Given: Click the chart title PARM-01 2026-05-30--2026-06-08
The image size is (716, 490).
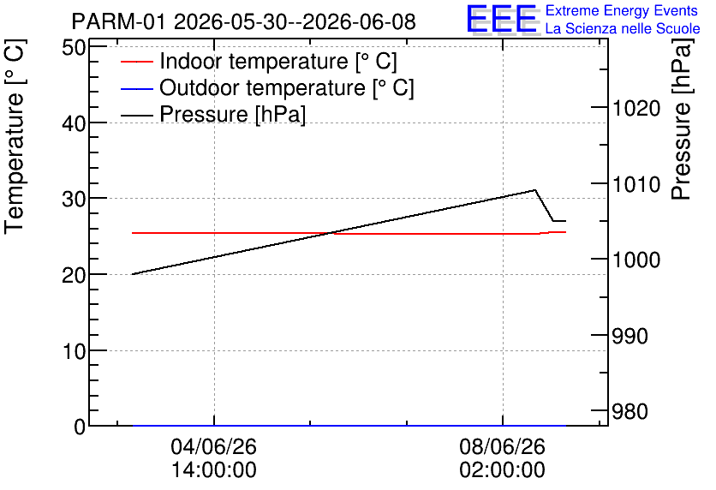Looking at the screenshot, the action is tap(244, 21).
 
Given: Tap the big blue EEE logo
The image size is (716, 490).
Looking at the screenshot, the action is tap(502, 20).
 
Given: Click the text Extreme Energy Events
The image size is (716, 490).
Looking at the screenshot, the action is tap(622, 10).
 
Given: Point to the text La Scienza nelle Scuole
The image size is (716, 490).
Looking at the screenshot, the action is tap(623, 28).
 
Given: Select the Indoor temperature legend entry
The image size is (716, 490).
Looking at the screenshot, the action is tap(259, 61).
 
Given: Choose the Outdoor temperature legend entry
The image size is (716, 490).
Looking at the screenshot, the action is tap(267, 87).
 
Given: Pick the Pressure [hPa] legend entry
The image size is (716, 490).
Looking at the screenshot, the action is tap(213, 114).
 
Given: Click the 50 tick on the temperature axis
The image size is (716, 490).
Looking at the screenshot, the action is tap(74, 47).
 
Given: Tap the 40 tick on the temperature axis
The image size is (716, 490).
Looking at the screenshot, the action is tap(74, 122).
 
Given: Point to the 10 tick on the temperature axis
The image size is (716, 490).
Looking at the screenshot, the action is tap(74, 351).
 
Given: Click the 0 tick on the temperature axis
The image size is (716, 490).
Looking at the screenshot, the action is tap(80, 427).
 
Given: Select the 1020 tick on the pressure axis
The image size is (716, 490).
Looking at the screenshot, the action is tap(636, 109).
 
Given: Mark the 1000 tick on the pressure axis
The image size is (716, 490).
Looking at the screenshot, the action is tap(636, 260).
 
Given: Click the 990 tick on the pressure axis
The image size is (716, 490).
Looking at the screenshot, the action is tap(629, 336).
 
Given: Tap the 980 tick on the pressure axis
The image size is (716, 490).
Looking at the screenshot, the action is tap(629, 412).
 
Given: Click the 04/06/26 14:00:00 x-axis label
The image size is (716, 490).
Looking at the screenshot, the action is tap(214, 458).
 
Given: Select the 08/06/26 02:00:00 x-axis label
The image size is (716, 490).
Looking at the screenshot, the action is tap(502, 458).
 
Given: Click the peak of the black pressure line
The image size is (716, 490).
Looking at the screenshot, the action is tap(534, 190).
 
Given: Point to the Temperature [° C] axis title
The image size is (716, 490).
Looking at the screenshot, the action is tap(15, 137).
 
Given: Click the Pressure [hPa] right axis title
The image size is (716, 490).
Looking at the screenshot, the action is tap(682, 119).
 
